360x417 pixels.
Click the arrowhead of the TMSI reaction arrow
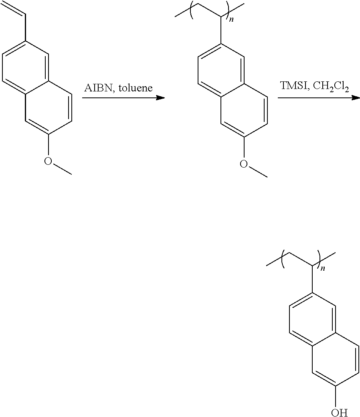(x=355, y=98)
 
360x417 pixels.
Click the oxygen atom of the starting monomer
(x=48, y=161)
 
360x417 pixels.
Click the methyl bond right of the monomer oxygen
(x=62, y=169)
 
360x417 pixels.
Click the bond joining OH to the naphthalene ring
(x=336, y=396)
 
